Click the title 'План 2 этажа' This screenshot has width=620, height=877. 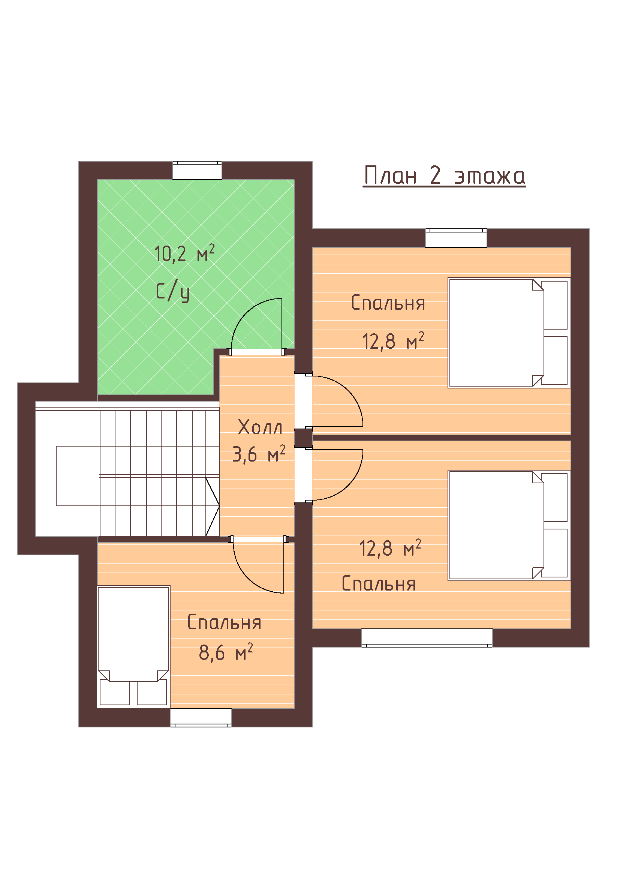(445, 176)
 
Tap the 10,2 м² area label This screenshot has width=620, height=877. (184, 253)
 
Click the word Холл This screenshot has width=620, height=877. (260, 427)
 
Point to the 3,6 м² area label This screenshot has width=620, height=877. (259, 454)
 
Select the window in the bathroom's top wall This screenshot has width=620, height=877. (198, 170)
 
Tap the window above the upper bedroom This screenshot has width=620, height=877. (456, 238)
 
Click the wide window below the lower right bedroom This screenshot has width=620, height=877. (427, 638)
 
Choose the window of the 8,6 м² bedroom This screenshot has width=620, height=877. (201, 718)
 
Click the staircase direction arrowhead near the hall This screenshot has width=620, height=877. (213, 507)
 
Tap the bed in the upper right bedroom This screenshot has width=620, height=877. (509, 333)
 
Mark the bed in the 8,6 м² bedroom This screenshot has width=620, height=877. (133, 647)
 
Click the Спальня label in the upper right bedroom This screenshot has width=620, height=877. (388, 303)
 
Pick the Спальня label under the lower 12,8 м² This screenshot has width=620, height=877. (378, 584)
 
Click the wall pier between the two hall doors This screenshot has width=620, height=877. (304, 438)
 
